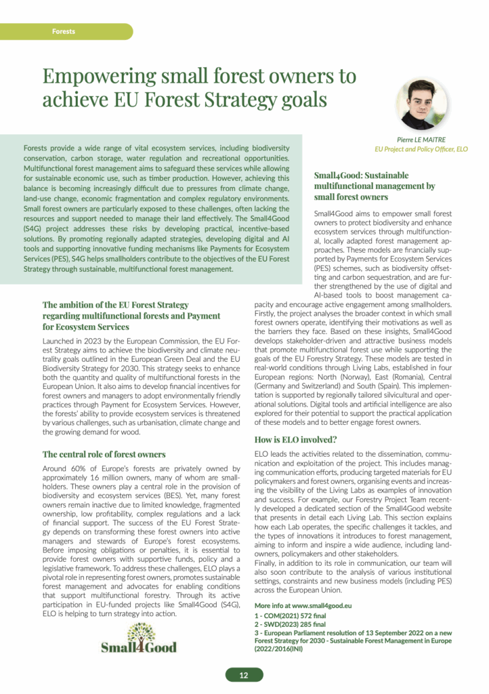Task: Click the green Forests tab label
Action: click(63, 31)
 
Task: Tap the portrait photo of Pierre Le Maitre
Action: click(421, 104)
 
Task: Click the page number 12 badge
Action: click(244, 675)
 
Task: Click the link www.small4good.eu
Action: click(322, 605)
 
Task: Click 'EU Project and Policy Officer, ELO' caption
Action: click(421, 148)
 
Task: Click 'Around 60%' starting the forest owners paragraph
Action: click(66, 468)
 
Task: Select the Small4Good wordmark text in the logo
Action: click(138, 647)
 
